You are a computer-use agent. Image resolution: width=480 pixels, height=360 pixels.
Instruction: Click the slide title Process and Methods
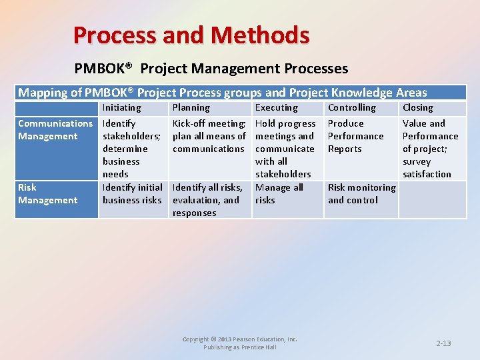coord(191,35)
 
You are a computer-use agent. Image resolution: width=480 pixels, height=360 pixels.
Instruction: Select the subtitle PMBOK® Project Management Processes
coord(211,69)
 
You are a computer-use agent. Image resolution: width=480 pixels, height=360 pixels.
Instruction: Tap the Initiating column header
coord(121,107)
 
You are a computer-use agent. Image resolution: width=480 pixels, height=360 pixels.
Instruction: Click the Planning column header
coord(191,107)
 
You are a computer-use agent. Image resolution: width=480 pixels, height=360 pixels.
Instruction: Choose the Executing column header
coord(276,107)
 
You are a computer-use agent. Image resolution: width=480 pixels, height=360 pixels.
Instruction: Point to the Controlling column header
coord(351,107)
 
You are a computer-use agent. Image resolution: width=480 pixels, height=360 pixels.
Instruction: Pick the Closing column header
coord(417,107)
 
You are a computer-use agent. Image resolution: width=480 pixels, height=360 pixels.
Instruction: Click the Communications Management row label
coord(55,130)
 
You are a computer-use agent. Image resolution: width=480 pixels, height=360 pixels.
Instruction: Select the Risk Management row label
coord(47,194)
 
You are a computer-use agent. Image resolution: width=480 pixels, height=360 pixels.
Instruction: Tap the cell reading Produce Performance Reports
coord(355,136)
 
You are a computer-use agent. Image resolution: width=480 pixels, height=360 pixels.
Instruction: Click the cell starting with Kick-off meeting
coord(209,136)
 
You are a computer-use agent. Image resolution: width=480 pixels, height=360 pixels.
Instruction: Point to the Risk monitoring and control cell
coord(361,194)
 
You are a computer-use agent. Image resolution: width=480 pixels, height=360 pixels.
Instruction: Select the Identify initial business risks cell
coord(132,194)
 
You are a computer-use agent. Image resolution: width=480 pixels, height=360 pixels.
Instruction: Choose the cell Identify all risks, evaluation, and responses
coord(207,200)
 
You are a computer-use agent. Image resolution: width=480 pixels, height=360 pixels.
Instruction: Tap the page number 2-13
coord(443,343)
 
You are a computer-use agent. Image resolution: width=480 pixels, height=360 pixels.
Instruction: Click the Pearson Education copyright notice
coord(240,343)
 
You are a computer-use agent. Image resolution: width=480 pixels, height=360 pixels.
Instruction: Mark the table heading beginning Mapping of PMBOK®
coord(222,93)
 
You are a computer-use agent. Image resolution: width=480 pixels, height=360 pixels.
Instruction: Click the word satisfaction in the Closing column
coord(427,174)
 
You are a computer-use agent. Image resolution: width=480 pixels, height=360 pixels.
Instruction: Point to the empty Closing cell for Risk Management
coord(432,199)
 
